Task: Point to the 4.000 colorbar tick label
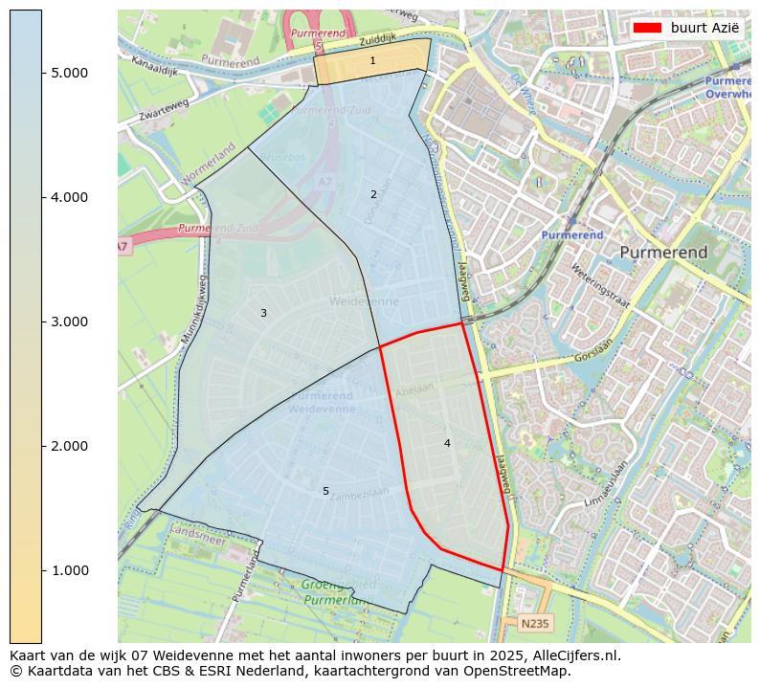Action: [69, 197]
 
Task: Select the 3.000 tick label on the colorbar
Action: [69, 322]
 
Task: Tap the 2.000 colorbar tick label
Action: [69, 446]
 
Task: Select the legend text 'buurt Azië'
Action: [704, 28]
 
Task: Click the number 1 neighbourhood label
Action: [372, 61]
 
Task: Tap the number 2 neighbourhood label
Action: [373, 194]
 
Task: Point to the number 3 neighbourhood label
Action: [263, 313]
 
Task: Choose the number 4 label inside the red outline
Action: [447, 443]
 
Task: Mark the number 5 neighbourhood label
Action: [325, 491]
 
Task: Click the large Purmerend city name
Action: [663, 253]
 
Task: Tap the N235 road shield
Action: [534, 624]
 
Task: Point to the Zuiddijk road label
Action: [377, 41]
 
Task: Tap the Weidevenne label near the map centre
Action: [364, 301]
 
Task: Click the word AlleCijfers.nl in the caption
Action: [572, 655]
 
